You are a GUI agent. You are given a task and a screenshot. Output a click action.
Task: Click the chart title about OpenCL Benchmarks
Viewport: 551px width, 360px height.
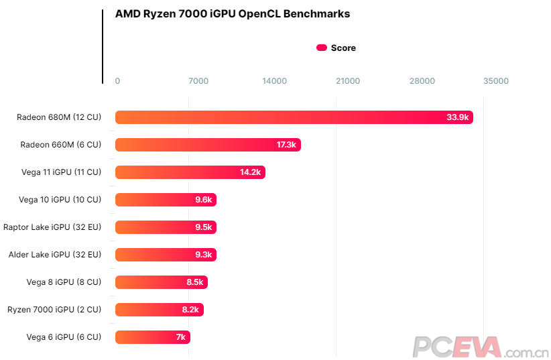coord(232,14)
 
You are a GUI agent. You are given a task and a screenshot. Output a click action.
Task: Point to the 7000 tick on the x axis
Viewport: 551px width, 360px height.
coord(198,81)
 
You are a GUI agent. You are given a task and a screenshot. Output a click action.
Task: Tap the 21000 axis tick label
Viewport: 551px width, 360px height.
coord(348,81)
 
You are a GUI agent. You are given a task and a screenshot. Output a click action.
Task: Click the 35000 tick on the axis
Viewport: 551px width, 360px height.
coord(496,81)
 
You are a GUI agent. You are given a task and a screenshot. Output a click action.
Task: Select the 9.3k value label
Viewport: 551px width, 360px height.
coord(204,255)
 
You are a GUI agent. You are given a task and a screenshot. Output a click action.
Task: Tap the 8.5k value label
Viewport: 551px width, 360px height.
coord(195,282)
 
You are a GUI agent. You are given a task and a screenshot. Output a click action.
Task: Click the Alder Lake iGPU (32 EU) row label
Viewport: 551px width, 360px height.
coord(55,255)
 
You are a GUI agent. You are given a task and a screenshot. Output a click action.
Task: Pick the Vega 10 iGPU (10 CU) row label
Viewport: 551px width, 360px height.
coord(60,200)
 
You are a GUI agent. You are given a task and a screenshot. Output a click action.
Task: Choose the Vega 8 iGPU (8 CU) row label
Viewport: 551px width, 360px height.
coord(64,282)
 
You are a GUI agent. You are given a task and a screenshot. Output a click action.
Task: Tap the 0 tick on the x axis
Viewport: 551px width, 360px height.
coord(117,81)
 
